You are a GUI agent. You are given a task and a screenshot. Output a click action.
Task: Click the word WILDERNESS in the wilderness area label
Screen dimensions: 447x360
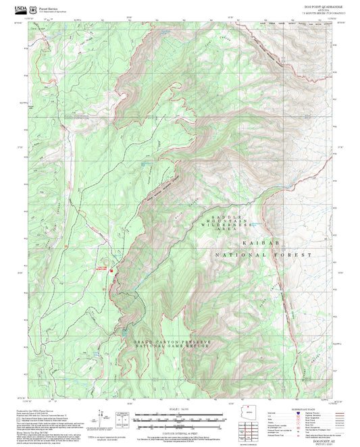coord(228,223)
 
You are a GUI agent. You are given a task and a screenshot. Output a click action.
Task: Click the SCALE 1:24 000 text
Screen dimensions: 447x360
coord(179,410)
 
